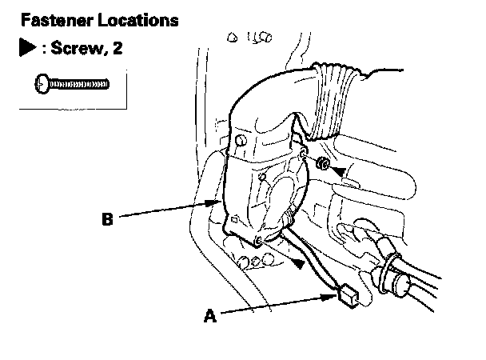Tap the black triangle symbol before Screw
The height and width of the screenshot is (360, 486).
tap(26, 48)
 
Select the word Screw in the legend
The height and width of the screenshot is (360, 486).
tap(78, 48)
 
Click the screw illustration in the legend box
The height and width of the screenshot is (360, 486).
tap(72, 82)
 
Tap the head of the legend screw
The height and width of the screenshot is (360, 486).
tap(39, 82)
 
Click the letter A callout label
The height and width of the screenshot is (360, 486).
tap(210, 316)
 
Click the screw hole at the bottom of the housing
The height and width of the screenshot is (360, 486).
tap(257, 241)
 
